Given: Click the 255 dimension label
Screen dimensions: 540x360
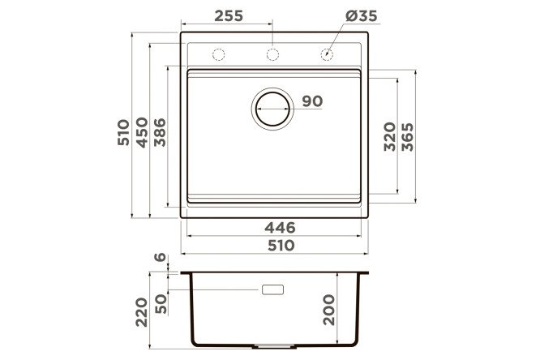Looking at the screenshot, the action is [229, 16].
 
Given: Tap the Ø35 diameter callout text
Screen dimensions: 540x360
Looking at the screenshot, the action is [361, 16].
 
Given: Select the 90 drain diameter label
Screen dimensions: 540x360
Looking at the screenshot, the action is [312, 101].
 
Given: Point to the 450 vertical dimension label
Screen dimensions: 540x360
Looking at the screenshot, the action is [142, 132].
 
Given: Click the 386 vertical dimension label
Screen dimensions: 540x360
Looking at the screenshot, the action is [160, 132].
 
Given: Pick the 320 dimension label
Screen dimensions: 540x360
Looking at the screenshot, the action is [390, 137].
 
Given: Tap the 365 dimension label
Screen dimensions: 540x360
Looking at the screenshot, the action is [408, 137].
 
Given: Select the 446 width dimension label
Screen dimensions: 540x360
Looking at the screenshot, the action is [280, 227].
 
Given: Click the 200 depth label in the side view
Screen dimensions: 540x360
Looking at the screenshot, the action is [329, 310].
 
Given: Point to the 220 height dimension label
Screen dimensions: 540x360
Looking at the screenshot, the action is [141, 312].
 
